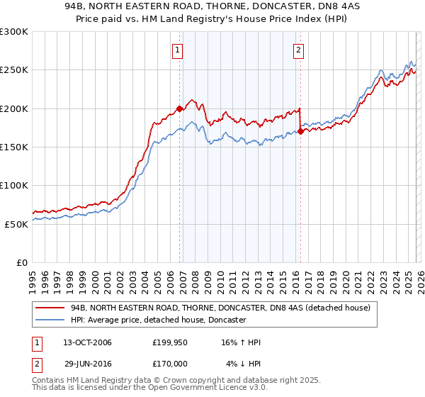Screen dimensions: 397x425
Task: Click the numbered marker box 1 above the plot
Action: point(176,50)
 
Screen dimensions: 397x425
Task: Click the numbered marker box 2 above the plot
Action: point(299,50)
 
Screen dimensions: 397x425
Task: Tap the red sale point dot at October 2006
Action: point(179,109)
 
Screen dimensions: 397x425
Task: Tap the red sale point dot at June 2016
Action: point(301,131)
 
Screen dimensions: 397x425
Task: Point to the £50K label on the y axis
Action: point(16,224)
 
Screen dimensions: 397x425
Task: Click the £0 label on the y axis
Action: point(21,262)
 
